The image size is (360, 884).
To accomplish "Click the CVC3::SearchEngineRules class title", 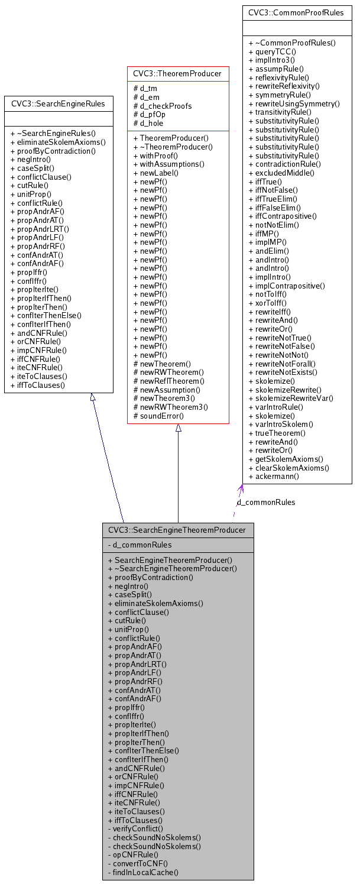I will [58, 104].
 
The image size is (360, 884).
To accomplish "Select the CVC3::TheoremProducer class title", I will [177, 73].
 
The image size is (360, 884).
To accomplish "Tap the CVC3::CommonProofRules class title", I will [296, 12].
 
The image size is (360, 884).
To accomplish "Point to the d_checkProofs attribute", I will [163, 106].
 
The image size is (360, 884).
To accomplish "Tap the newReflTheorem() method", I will [168, 381].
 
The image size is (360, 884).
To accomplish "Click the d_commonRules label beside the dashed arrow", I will [266, 502].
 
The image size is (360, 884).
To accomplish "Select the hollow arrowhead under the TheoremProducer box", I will [178, 428].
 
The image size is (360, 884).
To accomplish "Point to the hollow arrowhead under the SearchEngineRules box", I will [92, 397].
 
